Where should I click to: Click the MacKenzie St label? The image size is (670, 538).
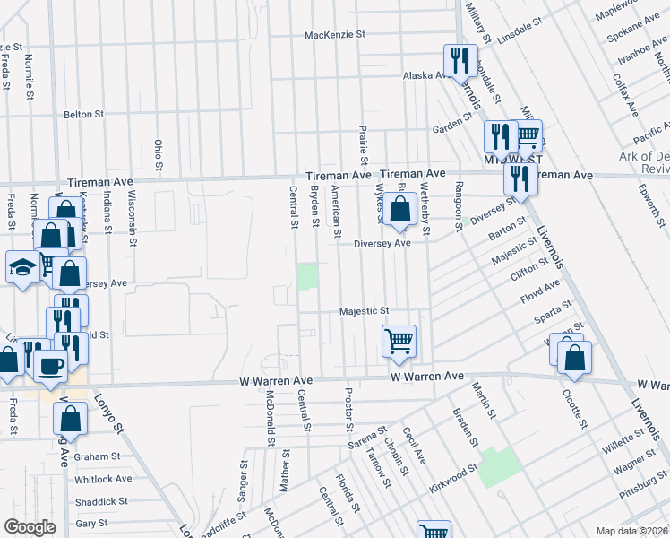336,35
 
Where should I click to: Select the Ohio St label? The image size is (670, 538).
159,154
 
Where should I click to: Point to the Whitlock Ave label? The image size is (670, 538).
104,479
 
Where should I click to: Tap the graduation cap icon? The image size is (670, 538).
22,266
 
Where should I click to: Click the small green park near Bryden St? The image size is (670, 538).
307,276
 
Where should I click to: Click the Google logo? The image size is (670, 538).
30,527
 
